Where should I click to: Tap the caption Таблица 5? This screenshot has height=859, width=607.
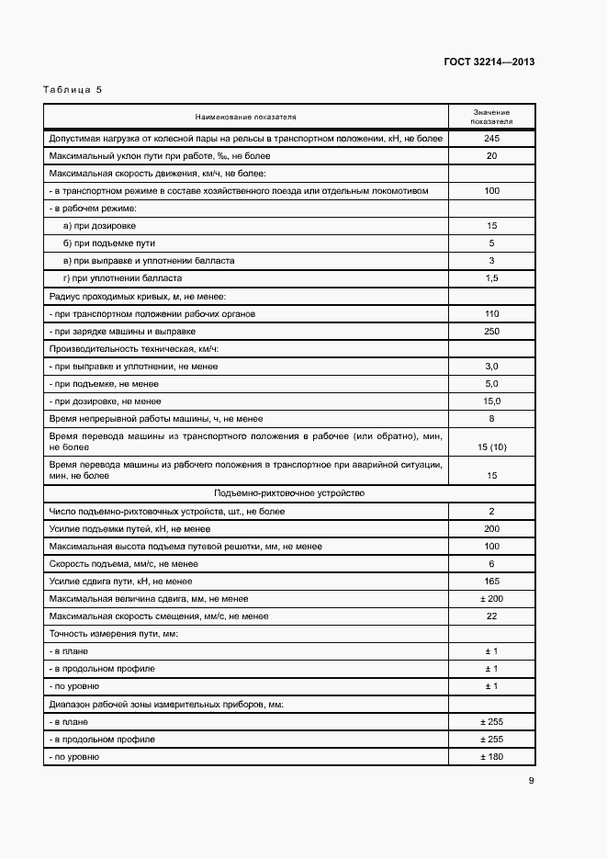point(73,90)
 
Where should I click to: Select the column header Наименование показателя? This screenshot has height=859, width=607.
point(245,117)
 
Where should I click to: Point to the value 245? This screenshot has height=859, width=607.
point(491,138)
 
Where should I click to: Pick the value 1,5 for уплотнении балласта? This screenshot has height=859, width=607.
point(491,277)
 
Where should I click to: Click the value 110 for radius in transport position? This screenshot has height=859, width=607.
point(491,313)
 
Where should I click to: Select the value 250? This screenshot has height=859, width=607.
point(491,331)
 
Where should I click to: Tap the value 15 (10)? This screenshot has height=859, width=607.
point(491,446)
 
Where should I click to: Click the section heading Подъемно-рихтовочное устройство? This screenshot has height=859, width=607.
point(289,493)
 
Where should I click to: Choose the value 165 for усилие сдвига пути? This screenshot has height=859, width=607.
point(491,581)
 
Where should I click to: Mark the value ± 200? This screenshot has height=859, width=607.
point(491,598)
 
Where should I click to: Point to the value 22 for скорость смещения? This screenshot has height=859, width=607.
point(491,616)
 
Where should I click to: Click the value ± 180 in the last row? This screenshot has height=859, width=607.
point(491,756)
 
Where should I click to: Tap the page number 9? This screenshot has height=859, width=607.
point(531,782)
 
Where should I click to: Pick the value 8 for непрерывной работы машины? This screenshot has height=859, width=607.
point(491,418)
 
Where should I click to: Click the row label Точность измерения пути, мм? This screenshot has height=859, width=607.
point(112,634)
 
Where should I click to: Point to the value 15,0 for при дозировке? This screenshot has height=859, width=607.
point(491,401)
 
